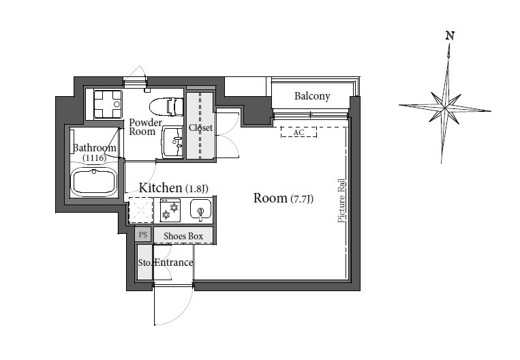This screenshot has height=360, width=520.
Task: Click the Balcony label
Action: [312, 96]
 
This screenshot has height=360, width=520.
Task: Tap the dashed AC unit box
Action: [299, 132]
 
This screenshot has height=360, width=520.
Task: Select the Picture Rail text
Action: [341, 200]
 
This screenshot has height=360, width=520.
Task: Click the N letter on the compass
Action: [450, 35]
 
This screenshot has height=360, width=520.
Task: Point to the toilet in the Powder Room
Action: [166, 107]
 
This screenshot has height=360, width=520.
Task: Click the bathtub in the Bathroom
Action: [94, 182]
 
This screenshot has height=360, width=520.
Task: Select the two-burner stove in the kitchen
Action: [170, 210]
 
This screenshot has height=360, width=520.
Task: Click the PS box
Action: [143, 235]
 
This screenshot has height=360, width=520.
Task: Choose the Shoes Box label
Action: [183, 236]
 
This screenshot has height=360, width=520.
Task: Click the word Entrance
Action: [174, 262]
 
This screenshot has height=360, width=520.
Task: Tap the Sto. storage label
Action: [145, 262]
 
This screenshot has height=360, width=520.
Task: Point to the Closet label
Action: [200, 127]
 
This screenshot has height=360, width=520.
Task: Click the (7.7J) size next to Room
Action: [302, 198]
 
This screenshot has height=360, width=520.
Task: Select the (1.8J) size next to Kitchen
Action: [197, 188]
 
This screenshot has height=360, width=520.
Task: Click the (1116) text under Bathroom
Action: [95, 158]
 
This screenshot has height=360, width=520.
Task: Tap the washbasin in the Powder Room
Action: [172, 142]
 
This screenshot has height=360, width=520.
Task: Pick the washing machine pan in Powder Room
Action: [108, 104]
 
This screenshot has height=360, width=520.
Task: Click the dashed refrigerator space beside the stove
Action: [140, 210]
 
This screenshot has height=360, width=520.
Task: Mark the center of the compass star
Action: [445, 108]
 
